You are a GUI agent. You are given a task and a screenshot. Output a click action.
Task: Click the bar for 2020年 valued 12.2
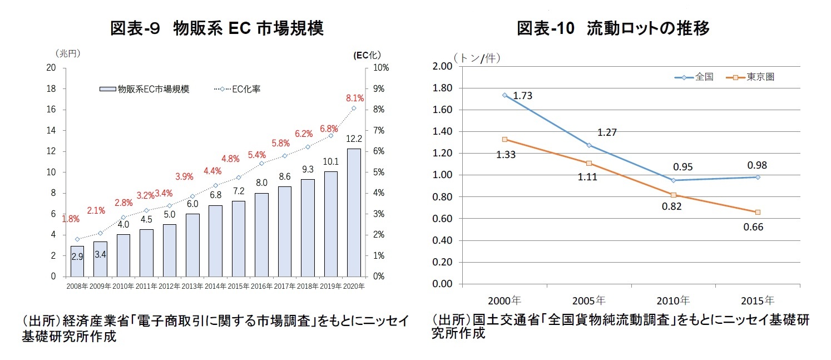354,213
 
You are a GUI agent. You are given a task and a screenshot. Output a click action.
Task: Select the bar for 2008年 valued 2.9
77,261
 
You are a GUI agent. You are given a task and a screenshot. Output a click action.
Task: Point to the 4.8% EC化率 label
230,159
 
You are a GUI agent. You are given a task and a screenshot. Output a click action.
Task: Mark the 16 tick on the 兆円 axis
51,110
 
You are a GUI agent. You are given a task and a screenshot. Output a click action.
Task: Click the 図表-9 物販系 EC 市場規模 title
217,28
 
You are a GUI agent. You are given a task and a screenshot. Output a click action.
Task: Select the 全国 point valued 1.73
504,95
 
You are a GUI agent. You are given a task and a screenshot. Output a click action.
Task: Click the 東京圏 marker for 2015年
758,212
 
